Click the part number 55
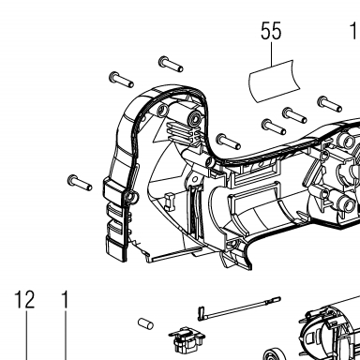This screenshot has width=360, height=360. pyautogui.click(x=271, y=31)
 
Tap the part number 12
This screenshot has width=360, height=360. pyautogui.click(x=24, y=299)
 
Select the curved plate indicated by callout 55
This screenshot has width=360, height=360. pyautogui.click(x=275, y=82)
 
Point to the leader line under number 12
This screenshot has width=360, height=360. pyautogui.click(x=26, y=336)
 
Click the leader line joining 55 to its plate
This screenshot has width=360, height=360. pyautogui.click(x=271, y=54)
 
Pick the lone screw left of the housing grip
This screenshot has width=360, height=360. pyautogui.click(x=80, y=183)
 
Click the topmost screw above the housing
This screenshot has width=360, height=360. pyautogui.click(x=171, y=64)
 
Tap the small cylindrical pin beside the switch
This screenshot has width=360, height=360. pyautogui.click(x=145, y=323)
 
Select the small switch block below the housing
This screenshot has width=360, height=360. pyautogui.click(x=187, y=339)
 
